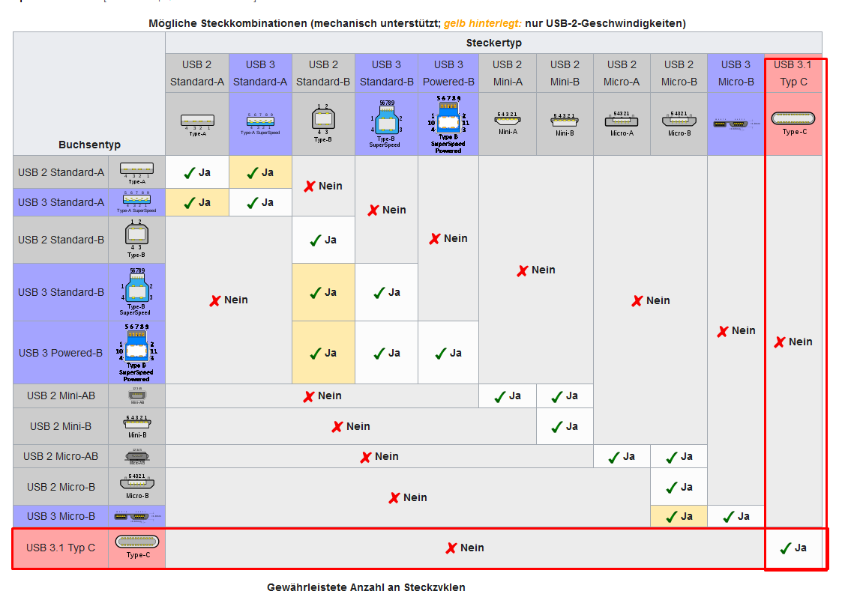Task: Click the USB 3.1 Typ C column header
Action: [793, 73]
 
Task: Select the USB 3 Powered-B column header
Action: [448, 73]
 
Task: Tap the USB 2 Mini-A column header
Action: [508, 73]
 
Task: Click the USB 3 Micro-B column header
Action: [736, 73]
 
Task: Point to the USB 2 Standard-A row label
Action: [61, 172]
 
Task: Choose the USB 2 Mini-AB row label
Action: [61, 395]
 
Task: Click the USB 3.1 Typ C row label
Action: [61, 548]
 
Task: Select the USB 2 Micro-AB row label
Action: [61, 456]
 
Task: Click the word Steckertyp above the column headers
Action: [493, 43]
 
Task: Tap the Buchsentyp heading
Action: [89, 145]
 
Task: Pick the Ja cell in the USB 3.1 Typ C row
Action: [793, 548]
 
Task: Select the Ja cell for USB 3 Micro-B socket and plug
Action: [736, 516]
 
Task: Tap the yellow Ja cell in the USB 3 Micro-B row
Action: [679, 516]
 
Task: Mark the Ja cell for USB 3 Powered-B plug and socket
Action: [448, 353]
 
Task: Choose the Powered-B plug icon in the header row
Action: [448, 124]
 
